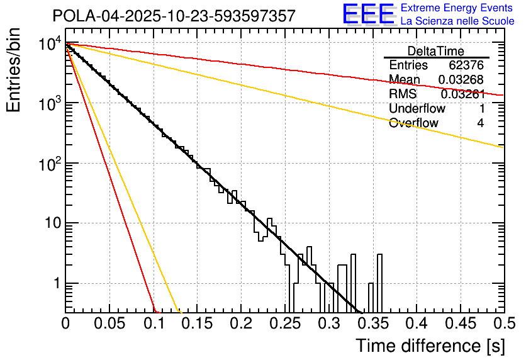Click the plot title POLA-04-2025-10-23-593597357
174,16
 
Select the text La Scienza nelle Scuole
457,21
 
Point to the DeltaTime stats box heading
436,51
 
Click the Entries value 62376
466,65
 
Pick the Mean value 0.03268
464,80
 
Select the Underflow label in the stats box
417,109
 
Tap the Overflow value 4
480,123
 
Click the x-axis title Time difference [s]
429,346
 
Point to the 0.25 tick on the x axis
284,324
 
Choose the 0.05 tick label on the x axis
109,324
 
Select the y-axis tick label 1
55,284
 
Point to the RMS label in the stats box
403,94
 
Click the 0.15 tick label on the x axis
197,324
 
